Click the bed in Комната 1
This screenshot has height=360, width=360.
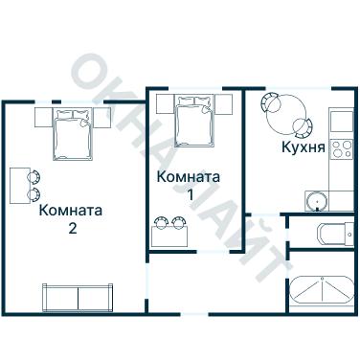click(x=194, y=127)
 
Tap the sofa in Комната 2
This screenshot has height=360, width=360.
click(x=77, y=296)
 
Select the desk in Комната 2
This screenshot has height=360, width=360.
click(x=19, y=185)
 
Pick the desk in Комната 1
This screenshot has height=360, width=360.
click(x=171, y=235)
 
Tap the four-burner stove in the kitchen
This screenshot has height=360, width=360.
click(x=342, y=149)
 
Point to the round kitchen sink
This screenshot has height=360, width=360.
click(x=319, y=200)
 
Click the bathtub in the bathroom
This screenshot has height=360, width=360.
click(x=321, y=291)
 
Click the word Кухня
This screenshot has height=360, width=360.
click(x=299, y=147)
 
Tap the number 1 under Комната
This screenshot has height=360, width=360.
click(x=189, y=194)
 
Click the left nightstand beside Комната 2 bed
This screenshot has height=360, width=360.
click(x=45, y=118)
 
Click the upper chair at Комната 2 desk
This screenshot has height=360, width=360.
click(x=35, y=176)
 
